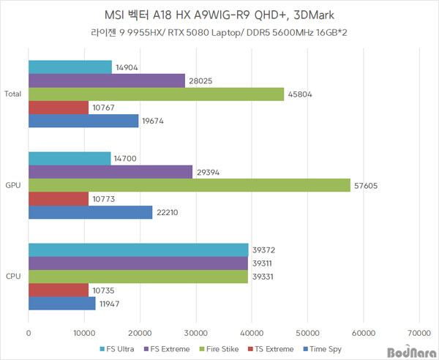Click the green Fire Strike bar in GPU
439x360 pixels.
point(189,185)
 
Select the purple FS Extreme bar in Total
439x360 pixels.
point(106,80)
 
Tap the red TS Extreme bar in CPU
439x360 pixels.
point(58,290)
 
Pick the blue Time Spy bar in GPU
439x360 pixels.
point(90,212)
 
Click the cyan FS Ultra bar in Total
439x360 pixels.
point(70,67)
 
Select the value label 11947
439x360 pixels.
point(113,304)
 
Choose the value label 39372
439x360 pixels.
point(266,250)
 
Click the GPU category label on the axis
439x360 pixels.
point(12,185)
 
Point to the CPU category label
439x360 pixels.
point(12,277)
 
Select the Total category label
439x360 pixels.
point(12,94)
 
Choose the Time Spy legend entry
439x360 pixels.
point(323,348)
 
